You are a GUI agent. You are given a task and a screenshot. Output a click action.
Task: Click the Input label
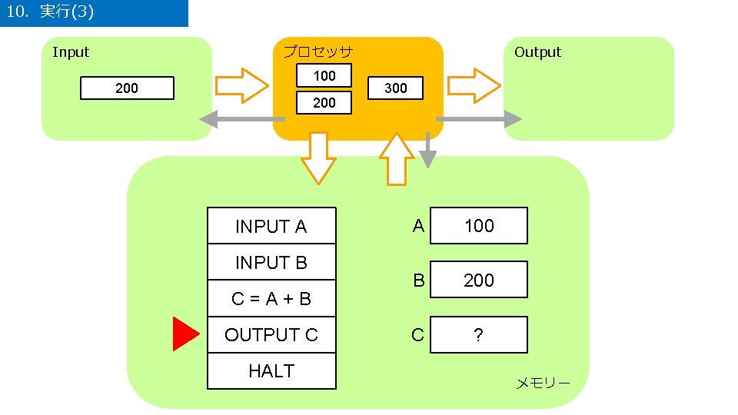(x=71, y=52)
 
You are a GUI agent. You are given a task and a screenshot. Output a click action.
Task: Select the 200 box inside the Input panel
(x=128, y=88)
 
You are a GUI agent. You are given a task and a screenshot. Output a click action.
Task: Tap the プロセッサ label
(x=317, y=52)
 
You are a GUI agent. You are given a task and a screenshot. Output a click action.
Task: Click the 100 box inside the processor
(x=324, y=75)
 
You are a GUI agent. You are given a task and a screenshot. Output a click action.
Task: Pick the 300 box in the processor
(x=395, y=88)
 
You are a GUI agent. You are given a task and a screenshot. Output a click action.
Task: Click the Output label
(x=537, y=52)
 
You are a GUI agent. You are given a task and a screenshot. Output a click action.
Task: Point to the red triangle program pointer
(x=185, y=334)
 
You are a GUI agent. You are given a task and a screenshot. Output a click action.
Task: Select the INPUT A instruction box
(x=271, y=226)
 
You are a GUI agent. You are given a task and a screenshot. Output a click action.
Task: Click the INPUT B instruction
(x=271, y=262)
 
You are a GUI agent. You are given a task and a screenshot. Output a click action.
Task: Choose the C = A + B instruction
(x=271, y=299)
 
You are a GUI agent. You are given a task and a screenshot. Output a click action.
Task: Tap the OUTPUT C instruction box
(x=271, y=335)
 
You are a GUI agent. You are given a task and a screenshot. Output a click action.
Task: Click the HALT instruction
(x=271, y=371)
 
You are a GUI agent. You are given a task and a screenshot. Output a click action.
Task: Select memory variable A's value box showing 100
(x=479, y=226)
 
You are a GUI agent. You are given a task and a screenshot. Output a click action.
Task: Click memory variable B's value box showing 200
(x=479, y=280)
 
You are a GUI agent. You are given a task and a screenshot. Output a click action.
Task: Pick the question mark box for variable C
(x=479, y=335)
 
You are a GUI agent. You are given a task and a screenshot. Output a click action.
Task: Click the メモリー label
(x=543, y=383)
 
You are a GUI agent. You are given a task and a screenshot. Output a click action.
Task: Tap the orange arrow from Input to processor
(x=241, y=85)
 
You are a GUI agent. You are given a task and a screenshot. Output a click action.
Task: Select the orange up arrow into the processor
(x=397, y=160)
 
